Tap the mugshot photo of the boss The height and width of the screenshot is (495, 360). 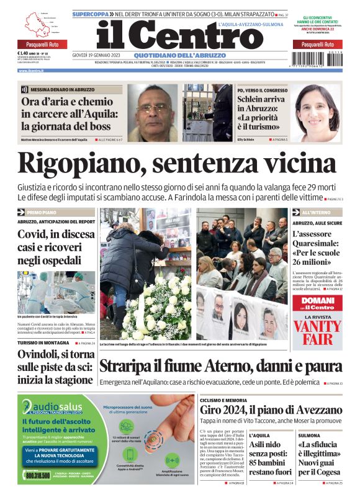[152, 112]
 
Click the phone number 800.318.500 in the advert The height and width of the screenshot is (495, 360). [38, 475]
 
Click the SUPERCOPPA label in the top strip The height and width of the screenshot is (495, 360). [91, 13]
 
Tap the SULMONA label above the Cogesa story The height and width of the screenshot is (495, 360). [309, 435]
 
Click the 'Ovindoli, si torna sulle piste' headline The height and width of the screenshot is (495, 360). [55, 366]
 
